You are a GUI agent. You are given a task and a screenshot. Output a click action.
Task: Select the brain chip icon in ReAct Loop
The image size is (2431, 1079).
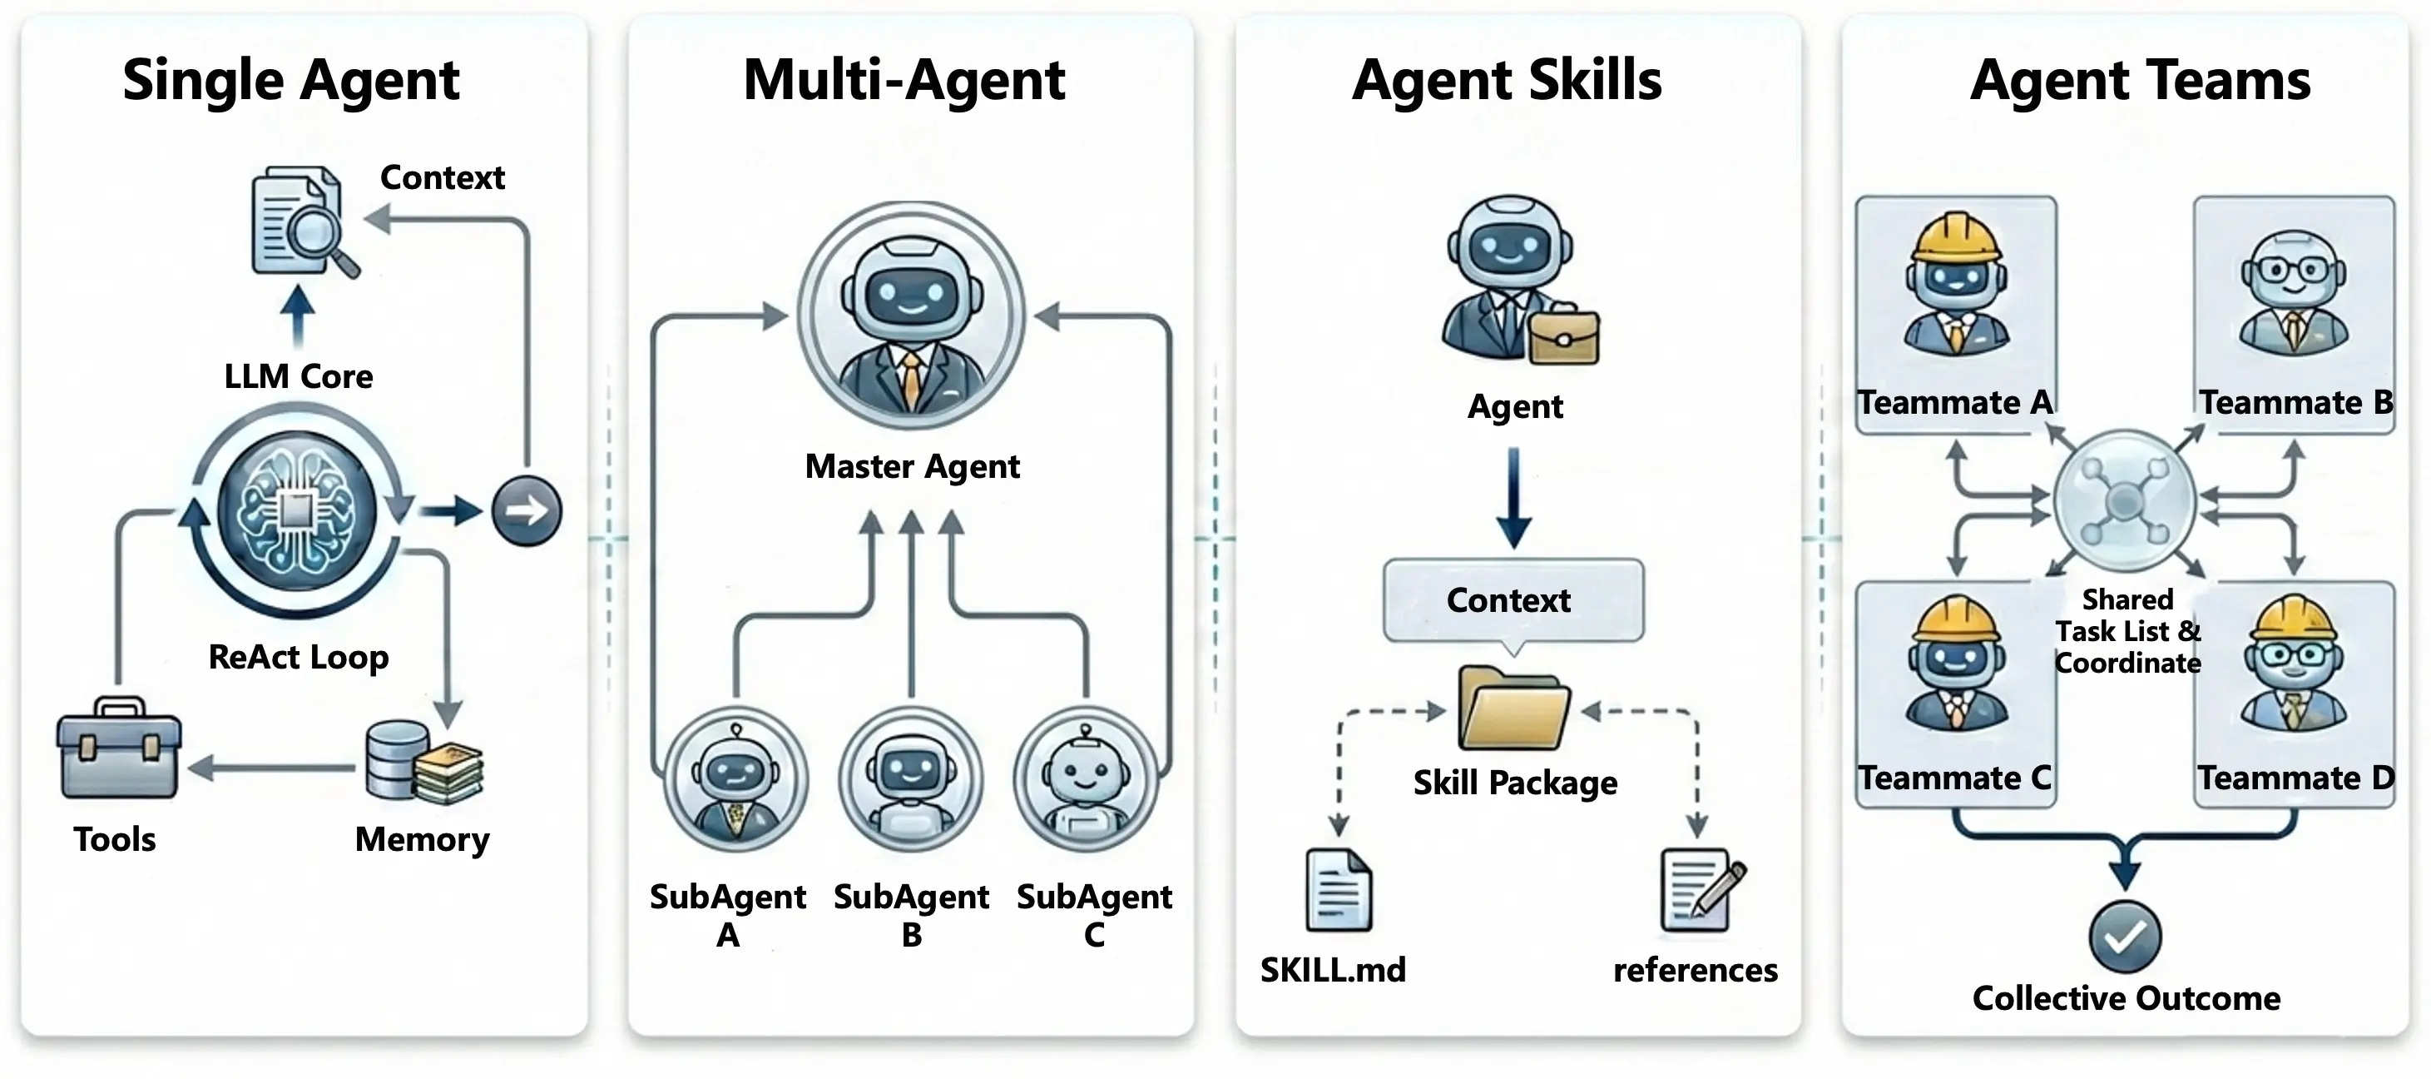coord(296,510)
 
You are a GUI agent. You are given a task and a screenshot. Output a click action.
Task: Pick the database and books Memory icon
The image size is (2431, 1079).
coord(423,763)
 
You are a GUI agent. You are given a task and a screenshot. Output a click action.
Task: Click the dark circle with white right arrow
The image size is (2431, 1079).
coord(527,510)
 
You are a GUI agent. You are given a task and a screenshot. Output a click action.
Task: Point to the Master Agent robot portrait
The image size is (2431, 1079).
coord(911,316)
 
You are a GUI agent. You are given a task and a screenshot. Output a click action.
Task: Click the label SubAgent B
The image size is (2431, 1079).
coord(911,914)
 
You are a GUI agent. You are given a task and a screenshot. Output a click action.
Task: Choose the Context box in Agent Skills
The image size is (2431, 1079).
coord(1513,600)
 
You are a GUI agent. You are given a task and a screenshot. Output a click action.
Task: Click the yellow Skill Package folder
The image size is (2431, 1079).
coord(1513,708)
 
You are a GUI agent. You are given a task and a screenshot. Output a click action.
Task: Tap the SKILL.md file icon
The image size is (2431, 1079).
coord(1338,890)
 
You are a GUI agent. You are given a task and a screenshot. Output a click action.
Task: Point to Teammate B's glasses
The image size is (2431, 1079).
coord(2293,270)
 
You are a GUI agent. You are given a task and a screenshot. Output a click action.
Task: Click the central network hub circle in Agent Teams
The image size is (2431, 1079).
coord(2125,501)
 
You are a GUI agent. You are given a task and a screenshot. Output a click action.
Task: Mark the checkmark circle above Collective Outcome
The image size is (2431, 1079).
coord(2125,937)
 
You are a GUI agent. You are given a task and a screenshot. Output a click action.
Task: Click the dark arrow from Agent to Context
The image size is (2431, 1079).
coord(1513,498)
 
